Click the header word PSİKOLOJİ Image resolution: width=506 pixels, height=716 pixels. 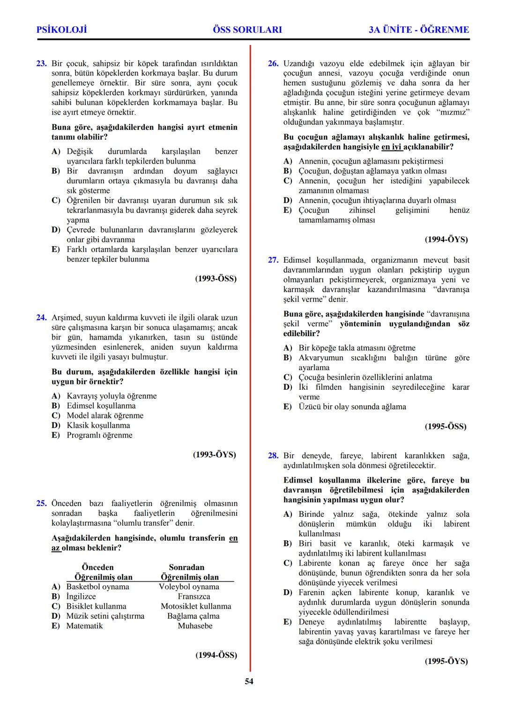61,30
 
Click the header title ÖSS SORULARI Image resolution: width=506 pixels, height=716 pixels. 247,30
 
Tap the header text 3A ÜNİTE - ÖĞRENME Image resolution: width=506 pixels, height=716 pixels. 419,30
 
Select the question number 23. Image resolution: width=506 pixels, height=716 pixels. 41,63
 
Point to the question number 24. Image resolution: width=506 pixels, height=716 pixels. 41,317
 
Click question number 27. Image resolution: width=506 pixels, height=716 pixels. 273,260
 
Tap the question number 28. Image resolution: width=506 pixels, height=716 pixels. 273,455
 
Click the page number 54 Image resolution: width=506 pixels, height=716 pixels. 249,681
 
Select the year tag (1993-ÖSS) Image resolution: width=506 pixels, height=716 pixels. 216,279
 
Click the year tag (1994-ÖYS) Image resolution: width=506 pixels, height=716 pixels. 446,239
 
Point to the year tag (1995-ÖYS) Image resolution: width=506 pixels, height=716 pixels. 446,661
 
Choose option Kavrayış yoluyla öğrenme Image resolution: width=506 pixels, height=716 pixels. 112,396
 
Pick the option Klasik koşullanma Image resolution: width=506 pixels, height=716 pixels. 98,425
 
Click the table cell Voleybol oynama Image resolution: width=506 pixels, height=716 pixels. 189,587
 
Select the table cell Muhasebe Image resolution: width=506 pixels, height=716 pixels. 195,626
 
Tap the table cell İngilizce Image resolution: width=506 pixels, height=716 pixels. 81,596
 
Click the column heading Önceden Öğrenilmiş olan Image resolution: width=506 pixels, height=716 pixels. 103,572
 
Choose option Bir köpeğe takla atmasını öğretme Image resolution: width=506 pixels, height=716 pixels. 357,348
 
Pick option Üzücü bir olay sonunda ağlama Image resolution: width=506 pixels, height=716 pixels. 352,407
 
